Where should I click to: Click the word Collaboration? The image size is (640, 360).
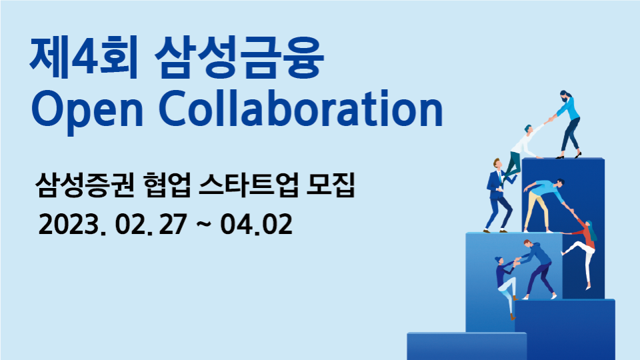click(x=301, y=107)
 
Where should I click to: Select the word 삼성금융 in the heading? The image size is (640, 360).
click(x=239, y=57)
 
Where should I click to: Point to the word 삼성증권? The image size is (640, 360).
click(x=85, y=185)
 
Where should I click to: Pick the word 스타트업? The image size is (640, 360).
click(x=249, y=185)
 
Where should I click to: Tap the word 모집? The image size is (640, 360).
click(x=331, y=185)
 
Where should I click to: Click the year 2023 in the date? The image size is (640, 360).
click(x=69, y=224)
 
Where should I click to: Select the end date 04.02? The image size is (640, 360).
click(x=256, y=224)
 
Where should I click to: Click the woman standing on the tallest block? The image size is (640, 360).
click(x=568, y=124)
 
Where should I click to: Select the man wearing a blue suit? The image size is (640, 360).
click(x=498, y=195)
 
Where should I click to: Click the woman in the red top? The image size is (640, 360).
click(x=581, y=251)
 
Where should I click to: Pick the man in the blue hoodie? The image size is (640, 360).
click(x=537, y=268)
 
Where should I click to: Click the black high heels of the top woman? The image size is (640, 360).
click(x=569, y=155)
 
